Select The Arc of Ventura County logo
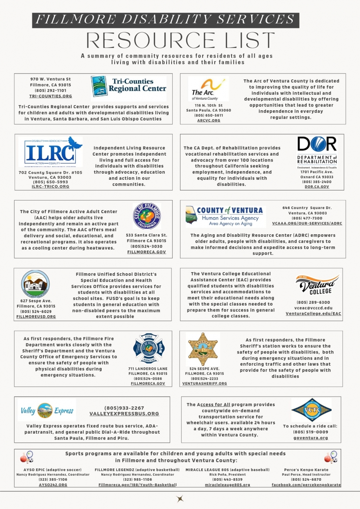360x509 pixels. [x=208, y=89]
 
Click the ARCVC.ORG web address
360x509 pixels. [x=209, y=121]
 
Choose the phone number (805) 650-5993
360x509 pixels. [x=50, y=182]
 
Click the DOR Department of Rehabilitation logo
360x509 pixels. [x=317, y=150]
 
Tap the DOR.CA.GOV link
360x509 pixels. [x=317, y=187]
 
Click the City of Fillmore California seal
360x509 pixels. [x=147, y=216]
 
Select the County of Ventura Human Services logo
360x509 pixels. [x=225, y=216]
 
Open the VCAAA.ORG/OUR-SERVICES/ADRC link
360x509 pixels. [x=307, y=223]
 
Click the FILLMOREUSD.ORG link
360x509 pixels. [x=36, y=317]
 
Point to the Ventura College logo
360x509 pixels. [x=317, y=285]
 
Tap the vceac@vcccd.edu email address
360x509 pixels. [x=313, y=308]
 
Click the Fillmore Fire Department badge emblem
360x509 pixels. [x=148, y=348]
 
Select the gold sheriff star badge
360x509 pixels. [x=203, y=349]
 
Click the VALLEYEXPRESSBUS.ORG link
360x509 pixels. [x=124, y=414]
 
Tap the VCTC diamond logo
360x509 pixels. [x=311, y=410]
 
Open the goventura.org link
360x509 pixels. [x=311, y=438]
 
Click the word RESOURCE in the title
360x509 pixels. [x=151, y=40]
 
